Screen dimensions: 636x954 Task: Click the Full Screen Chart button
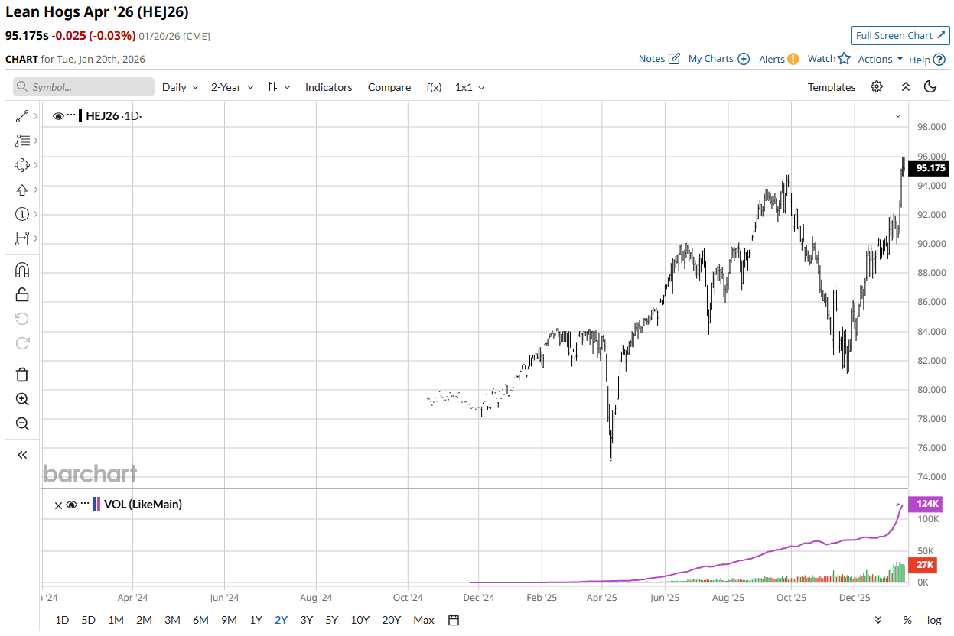900,36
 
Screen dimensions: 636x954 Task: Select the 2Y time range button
281,620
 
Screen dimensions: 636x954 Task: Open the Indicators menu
328,87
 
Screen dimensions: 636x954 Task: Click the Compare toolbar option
389,87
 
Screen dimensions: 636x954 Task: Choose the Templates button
831,87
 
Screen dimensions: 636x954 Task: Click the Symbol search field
84,87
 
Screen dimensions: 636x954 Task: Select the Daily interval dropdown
180,87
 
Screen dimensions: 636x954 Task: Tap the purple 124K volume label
926,504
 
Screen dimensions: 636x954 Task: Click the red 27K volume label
926,565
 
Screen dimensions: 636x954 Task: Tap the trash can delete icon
22,375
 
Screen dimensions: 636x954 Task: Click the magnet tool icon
22,270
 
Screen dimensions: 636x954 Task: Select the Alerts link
778,59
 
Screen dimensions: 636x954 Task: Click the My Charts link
718,59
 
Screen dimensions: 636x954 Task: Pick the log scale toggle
934,620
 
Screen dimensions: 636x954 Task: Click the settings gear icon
877,87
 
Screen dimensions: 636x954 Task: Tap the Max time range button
423,620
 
